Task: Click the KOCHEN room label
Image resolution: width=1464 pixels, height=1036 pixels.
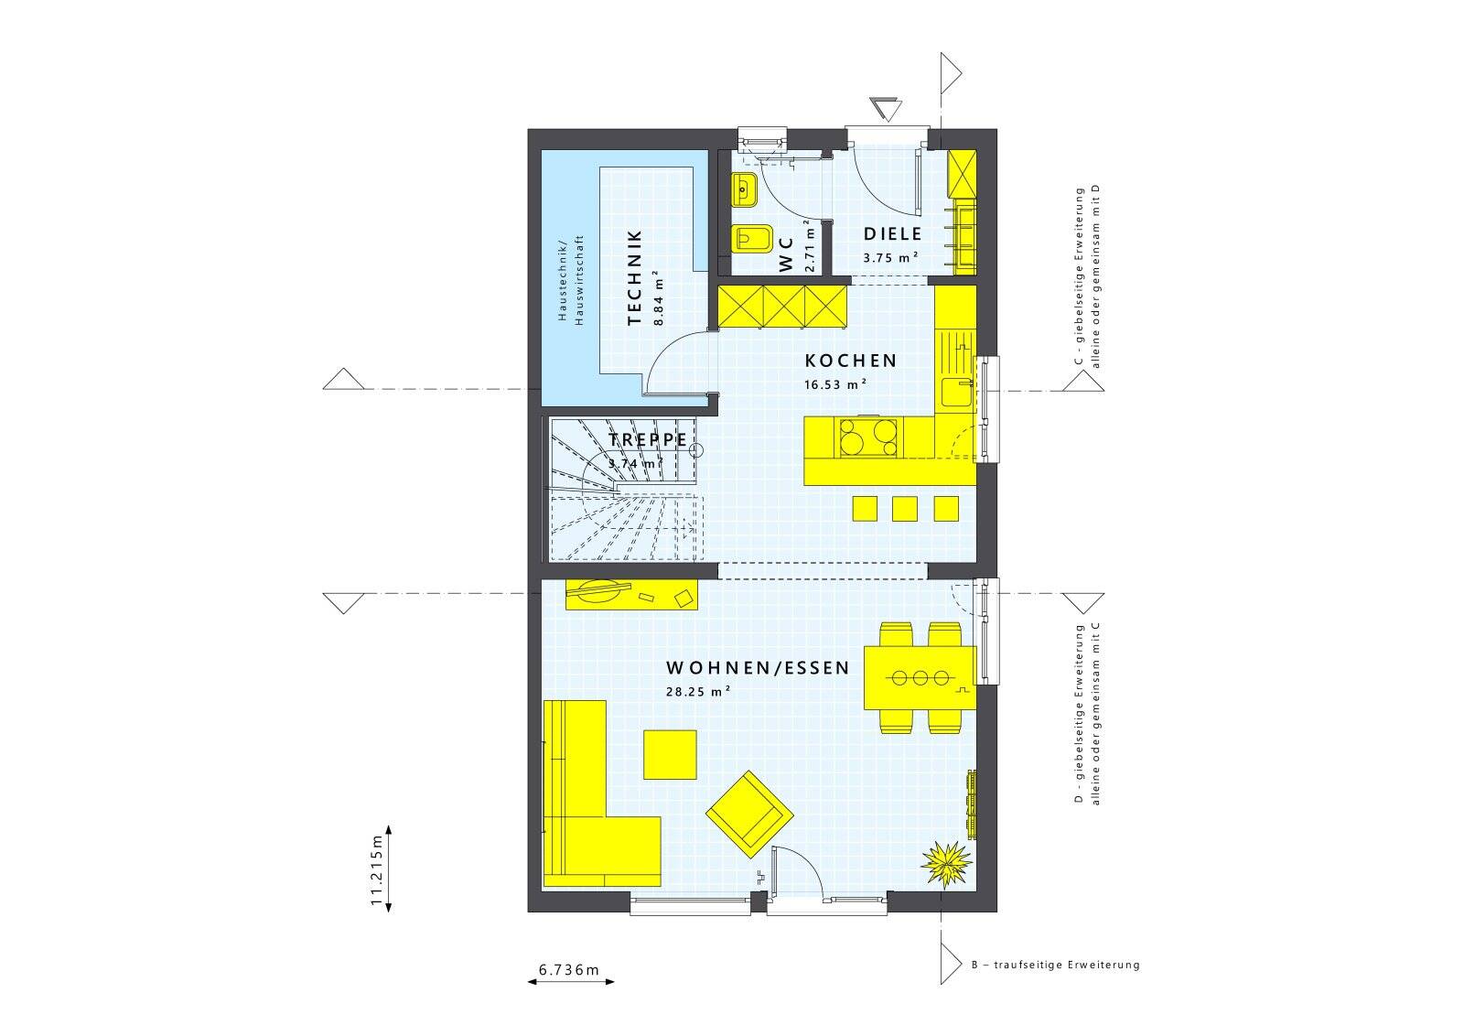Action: point(850,361)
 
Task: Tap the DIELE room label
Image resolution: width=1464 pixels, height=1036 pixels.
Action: point(892,233)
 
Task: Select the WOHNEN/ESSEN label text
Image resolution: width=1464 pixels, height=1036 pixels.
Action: point(758,667)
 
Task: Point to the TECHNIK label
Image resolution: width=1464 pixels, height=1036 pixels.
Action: point(634,277)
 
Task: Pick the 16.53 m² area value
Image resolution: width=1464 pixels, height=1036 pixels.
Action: point(835,383)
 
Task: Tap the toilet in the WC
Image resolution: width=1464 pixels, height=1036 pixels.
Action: point(752,239)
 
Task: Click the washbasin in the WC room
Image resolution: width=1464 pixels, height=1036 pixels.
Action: point(744,190)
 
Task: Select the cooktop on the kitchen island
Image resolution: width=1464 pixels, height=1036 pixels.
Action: point(867,437)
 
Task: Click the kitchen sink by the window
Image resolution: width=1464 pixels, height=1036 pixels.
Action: point(956,393)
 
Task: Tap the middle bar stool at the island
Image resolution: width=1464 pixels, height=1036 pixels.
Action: point(905,509)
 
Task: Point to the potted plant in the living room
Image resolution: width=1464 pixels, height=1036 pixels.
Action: point(946,864)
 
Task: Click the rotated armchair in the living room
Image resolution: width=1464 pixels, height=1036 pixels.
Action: point(749,815)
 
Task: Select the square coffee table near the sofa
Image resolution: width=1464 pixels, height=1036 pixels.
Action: point(670,754)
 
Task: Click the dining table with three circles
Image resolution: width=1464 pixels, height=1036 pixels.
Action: point(920,678)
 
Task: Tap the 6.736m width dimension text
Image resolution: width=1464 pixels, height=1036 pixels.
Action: point(568,970)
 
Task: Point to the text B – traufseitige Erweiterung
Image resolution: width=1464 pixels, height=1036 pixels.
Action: point(1056,964)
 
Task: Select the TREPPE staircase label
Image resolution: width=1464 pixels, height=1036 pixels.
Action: point(648,440)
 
